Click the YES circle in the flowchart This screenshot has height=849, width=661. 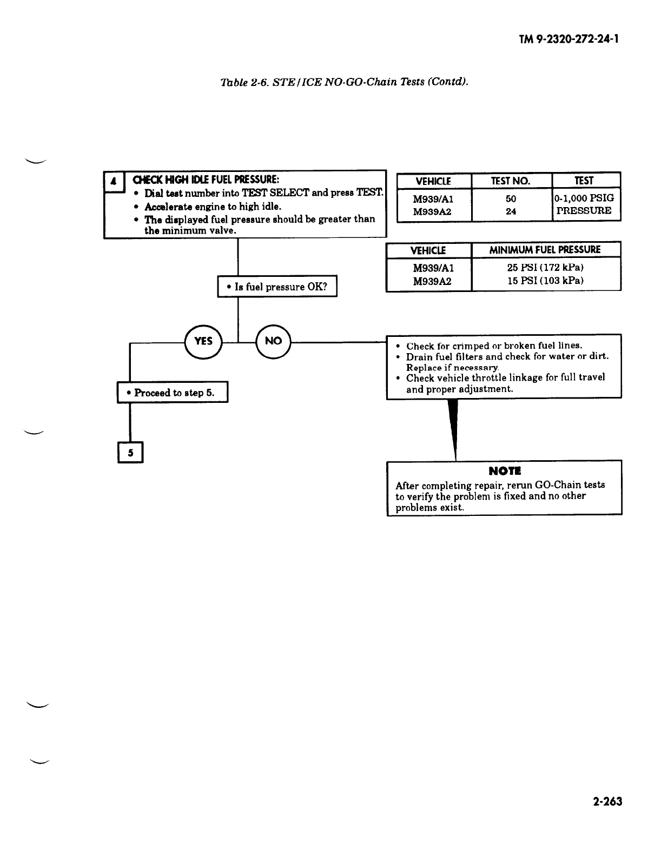(203, 341)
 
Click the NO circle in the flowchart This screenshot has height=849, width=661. (273, 341)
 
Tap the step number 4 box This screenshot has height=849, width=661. (114, 182)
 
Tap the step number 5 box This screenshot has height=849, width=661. (130, 452)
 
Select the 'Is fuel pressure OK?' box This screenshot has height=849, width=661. (277, 287)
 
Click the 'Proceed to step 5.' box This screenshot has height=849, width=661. (173, 393)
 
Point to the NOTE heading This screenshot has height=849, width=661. (505, 471)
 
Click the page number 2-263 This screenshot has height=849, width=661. (607, 801)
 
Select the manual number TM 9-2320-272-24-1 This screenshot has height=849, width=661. (569, 39)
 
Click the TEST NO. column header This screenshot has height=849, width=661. (511, 181)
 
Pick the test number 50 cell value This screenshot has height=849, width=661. (511, 198)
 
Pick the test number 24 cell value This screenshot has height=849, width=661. (511, 211)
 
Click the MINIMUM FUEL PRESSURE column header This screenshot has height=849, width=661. (545, 250)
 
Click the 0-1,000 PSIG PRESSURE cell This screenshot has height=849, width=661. (585, 204)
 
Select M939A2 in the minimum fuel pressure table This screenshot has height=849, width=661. (432, 281)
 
